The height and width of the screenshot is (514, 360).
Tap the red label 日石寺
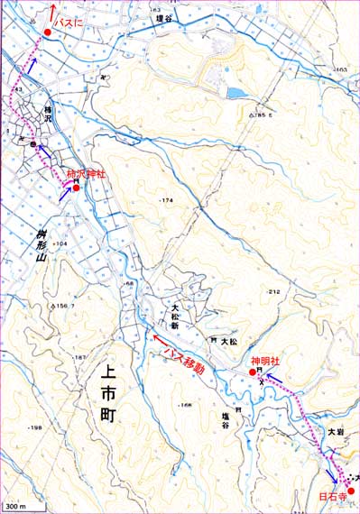[332, 495]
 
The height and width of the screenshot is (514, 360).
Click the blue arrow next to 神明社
[269, 377]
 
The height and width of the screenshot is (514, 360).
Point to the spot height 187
[80, 358]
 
